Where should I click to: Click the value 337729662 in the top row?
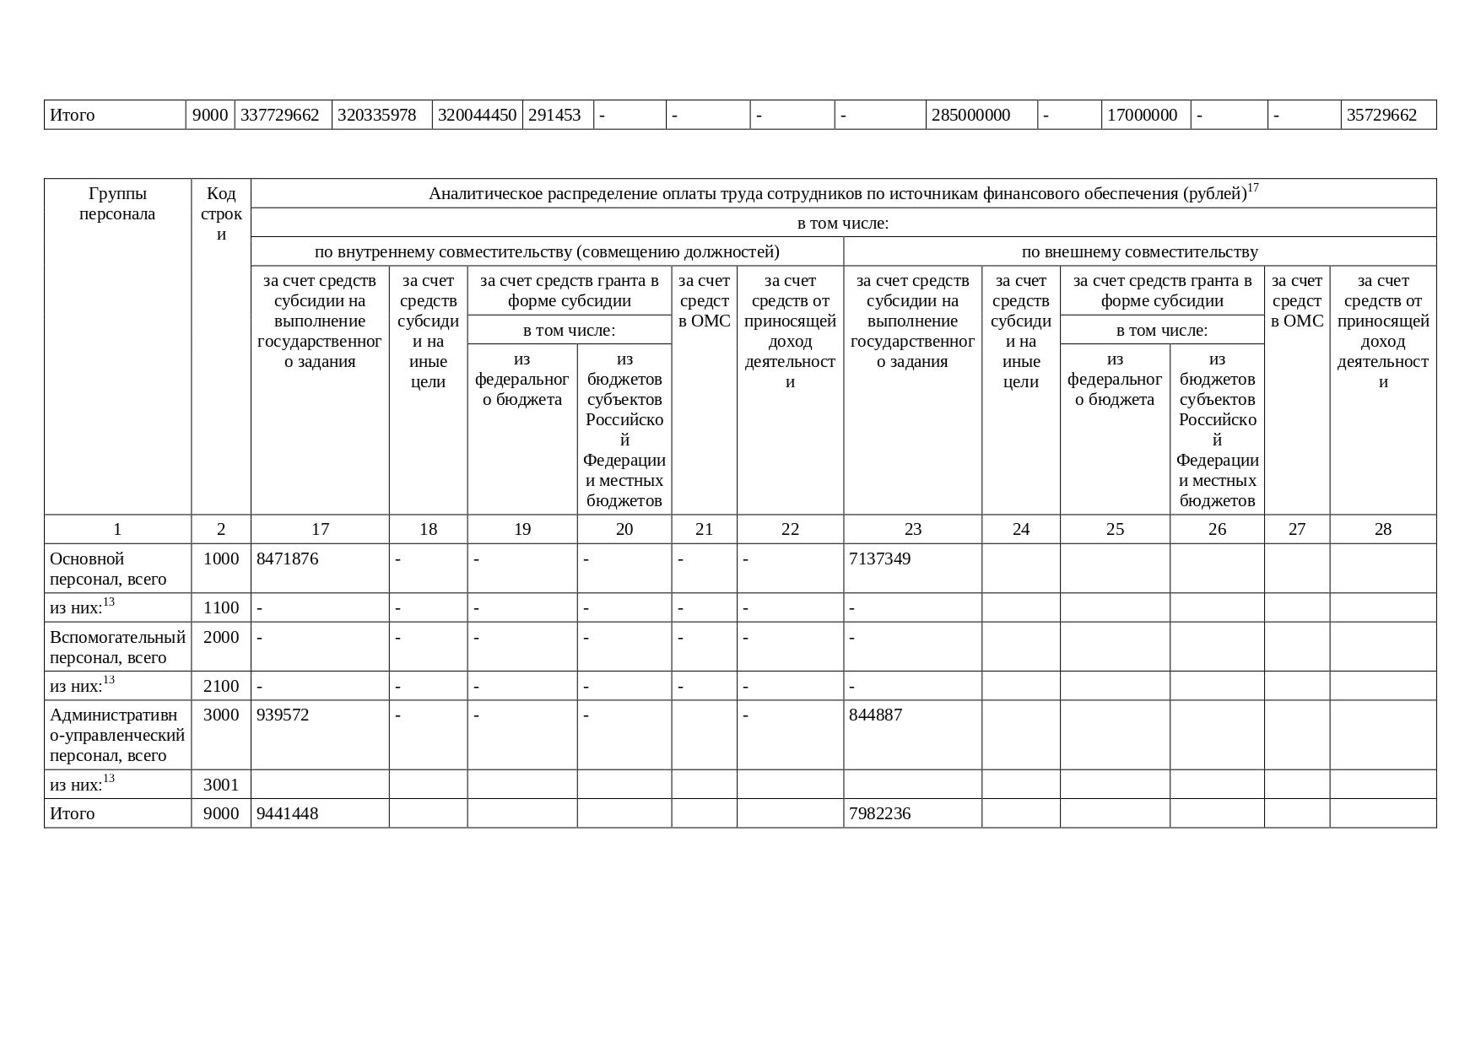pyautogui.click(x=279, y=115)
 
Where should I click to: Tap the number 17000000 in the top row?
pyautogui.click(x=1142, y=115)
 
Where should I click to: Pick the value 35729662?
pyautogui.click(x=1381, y=115)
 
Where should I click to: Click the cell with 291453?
pyautogui.click(x=554, y=115)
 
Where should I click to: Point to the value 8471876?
pyautogui.click(x=288, y=559)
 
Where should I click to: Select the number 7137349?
pyautogui.click(x=879, y=559)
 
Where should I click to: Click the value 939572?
pyautogui.click(x=283, y=715)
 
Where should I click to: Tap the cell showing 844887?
pyautogui.click(x=875, y=715)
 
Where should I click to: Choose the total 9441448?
pyautogui.click(x=288, y=813)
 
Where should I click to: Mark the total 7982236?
pyautogui.click(x=879, y=813)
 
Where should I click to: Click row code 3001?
pyautogui.click(x=221, y=785)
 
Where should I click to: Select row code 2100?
pyautogui.click(x=221, y=686)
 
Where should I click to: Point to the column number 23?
pyautogui.click(x=913, y=529)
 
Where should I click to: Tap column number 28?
pyautogui.click(x=1382, y=529)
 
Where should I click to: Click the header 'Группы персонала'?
pyautogui.click(x=117, y=203)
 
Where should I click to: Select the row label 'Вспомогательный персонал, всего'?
pyautogui.click(x=117, y=647)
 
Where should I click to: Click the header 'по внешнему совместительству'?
pyautogui.click(x=1139, y=251)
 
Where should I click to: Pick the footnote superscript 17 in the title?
pyautogui.click(x=1253, y=188)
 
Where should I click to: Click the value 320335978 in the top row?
pyautogui.click(x=376, y=115)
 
